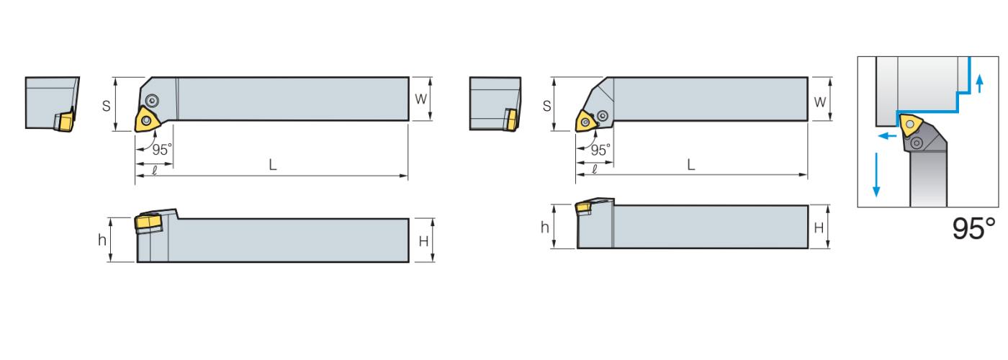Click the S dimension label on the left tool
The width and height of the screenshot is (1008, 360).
(106, 105)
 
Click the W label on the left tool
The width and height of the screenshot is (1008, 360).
(420, 99)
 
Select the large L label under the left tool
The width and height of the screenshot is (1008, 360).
(273, 165)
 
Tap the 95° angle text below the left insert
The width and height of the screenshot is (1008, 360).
(162, 150)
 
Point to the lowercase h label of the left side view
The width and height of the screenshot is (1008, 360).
(102, 240)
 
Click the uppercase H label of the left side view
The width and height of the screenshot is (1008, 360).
(423, 240)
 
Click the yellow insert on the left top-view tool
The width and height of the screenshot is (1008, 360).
(147, 120)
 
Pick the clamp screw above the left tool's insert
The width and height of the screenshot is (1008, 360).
(152, 99)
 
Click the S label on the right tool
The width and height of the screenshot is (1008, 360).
(546, 106)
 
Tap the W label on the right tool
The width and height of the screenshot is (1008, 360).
(819, 102)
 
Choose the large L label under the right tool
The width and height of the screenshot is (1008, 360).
(690, 165)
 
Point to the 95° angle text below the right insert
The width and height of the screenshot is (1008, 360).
(600, 150)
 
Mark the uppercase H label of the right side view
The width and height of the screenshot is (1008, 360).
(819, 228)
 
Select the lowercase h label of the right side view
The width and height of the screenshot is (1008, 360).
(544, 228)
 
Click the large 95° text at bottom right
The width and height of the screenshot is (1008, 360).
(973, 229)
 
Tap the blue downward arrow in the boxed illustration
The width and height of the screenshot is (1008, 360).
(876, 174)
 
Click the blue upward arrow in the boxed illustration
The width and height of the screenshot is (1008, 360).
(979, 84)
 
